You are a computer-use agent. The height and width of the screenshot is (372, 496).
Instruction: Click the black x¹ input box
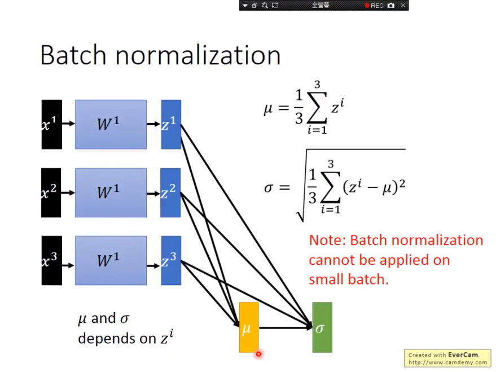pyautogui.click(x=51, y=124)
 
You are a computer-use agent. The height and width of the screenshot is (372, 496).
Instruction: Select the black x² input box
pyautogui.click(x=51, y=192)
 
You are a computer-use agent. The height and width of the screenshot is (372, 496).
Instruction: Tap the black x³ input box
pyautogui.click(x=51, y=261)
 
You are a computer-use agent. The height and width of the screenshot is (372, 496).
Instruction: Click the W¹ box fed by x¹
pyautogui.click(x=111, y=124)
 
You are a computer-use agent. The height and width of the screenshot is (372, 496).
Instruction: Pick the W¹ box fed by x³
pyautogui.click(x=111, y=261)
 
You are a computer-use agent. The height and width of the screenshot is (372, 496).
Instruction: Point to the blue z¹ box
pyautogui.click(x=171, y=124)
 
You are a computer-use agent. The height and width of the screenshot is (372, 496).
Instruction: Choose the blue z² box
pyautogui.click(x=170, y=192)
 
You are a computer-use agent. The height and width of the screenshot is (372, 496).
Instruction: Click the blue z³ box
pyautogui.click(x=171, y=261)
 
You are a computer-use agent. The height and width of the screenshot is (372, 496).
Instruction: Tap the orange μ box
pyautogui.click(x=249, y=327)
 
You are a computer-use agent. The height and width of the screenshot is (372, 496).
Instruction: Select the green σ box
pyautogui.click(x=322, y=327)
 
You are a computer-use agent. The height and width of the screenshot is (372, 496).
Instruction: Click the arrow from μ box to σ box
pyautogui.click(x=286, y=328)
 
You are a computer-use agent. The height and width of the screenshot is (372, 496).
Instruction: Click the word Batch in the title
pyautogui.click(x=73, y=55)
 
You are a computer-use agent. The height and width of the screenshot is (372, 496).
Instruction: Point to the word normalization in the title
pyautogui.click(x=198, y=55)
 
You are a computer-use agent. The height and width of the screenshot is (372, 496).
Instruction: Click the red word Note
pyautogui.click(x=327, y=240)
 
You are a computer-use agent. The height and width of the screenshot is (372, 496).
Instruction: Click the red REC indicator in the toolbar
pyautogui.click(x=374, y=6)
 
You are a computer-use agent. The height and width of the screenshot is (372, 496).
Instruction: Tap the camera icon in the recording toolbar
pyautogui.click(x=391, y=6)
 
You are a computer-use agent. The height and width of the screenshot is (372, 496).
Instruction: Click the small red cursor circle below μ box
pyautogui.click(x=259, y=354)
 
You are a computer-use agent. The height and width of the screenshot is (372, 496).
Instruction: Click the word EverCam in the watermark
pyautogui.click(x=463, y=355)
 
